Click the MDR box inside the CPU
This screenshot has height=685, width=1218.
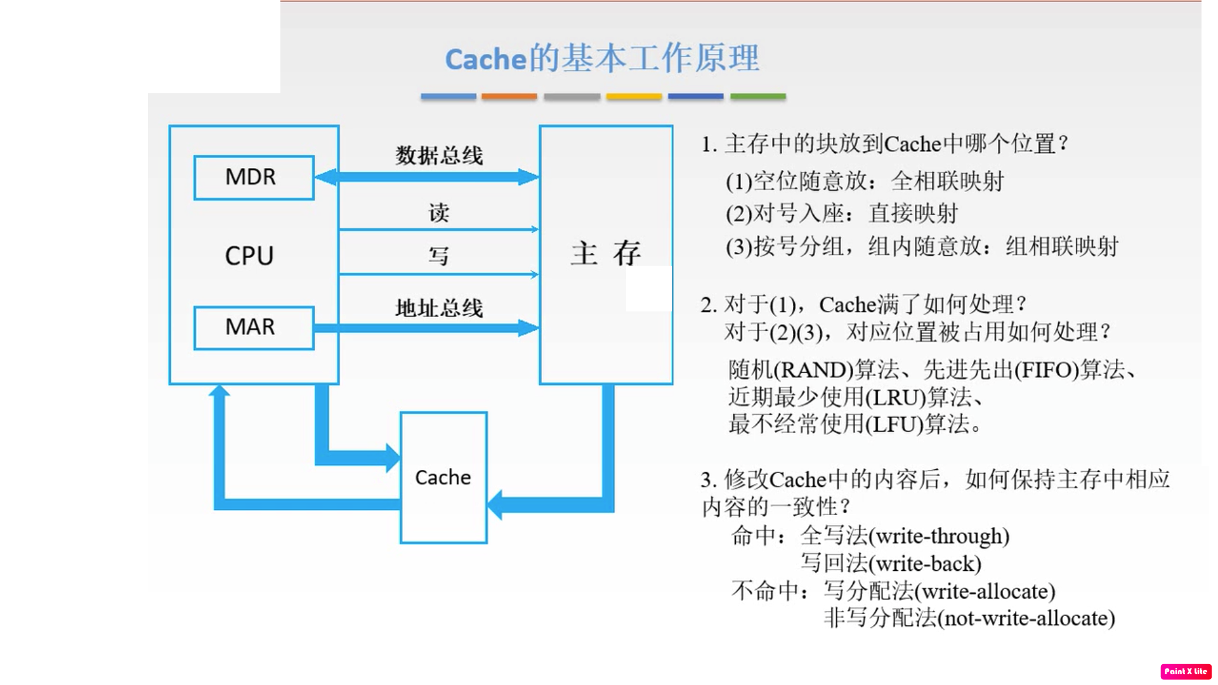(254, 178)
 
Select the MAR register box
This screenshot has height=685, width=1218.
(254, 327)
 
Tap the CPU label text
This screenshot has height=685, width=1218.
(249, 256)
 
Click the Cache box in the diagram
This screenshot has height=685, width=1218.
(443, 478)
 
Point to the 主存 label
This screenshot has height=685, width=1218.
(606, 254)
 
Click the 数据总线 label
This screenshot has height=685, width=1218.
(439, 155)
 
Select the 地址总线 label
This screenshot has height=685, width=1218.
(439, 308)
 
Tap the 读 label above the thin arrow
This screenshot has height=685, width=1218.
(438, 212)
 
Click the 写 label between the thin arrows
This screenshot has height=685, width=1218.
(438, 256)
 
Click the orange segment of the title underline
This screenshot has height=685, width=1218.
(509, 96)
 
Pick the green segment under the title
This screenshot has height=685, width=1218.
(758, 96)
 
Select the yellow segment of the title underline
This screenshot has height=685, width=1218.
(634, 96)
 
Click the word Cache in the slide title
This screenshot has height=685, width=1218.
(486, 60)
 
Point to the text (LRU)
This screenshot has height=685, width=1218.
(896, 398)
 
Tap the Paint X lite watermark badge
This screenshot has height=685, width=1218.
(1186, 671)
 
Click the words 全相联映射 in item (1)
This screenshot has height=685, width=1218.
(948, 182)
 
